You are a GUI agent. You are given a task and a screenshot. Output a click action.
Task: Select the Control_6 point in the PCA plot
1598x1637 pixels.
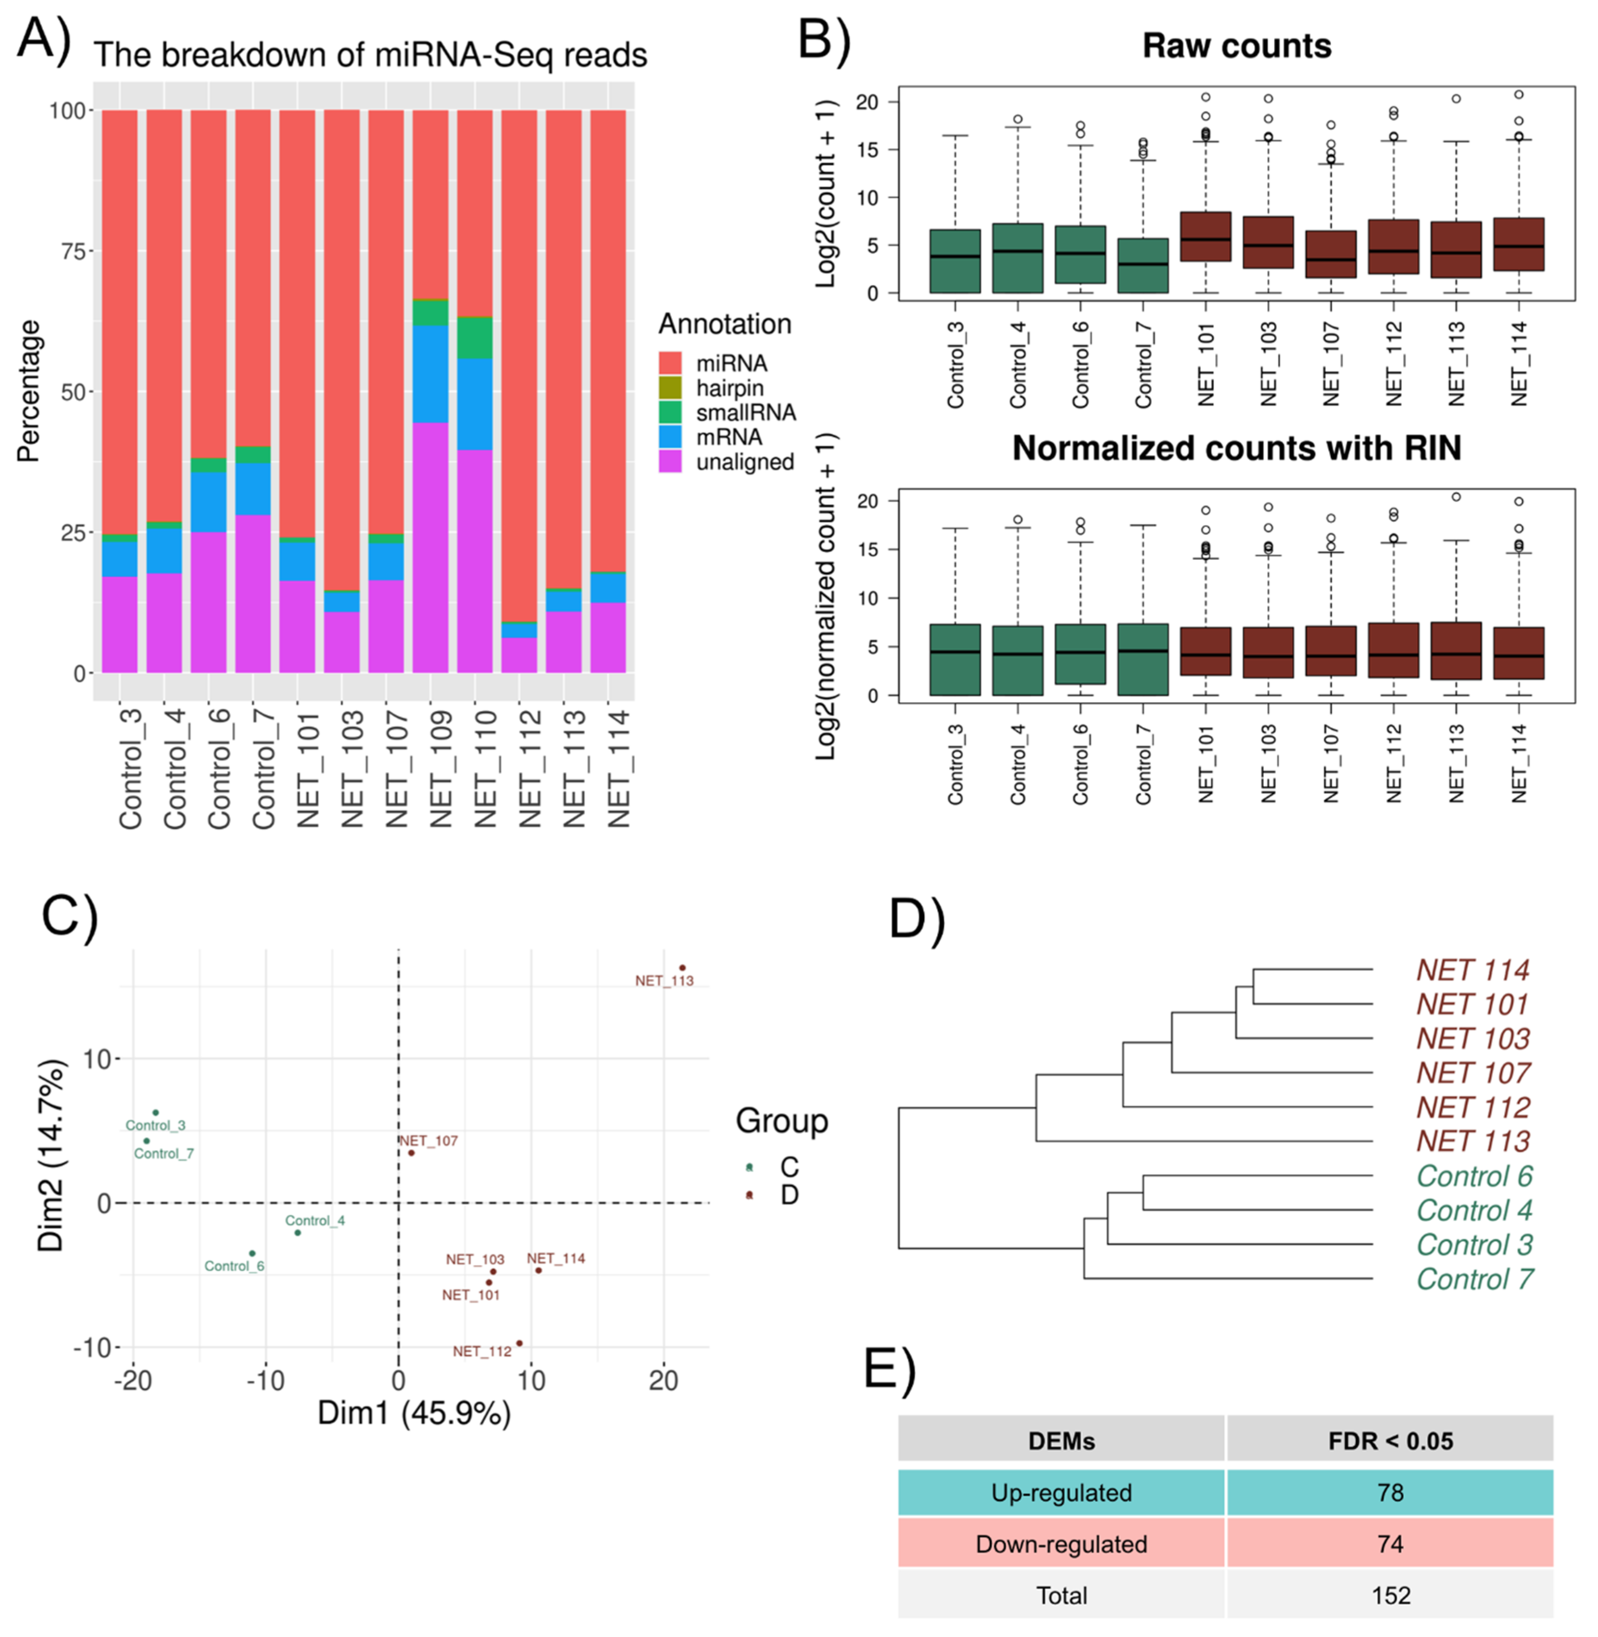[252, 1253]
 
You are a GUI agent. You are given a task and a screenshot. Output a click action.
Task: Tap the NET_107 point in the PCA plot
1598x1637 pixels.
[411, 1153]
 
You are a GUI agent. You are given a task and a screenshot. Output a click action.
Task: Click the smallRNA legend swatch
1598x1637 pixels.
[670, 412]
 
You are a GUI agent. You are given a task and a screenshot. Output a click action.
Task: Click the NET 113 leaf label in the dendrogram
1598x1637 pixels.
[1473, 1141]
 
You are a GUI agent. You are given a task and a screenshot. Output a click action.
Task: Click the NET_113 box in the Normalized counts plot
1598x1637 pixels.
[1456, 650]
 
